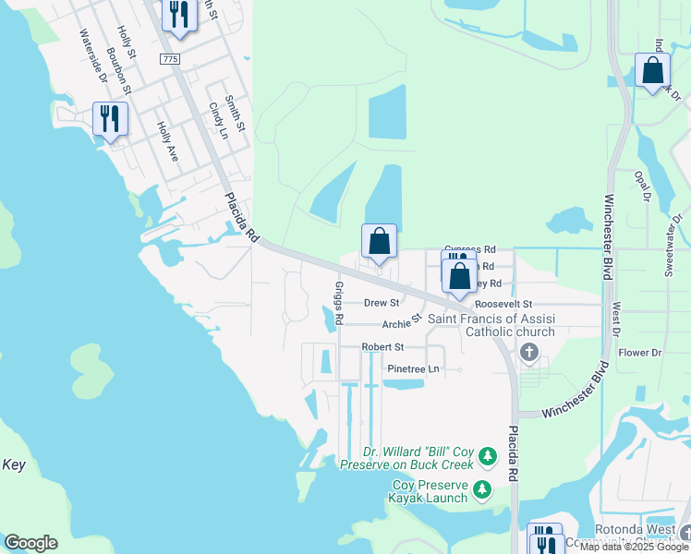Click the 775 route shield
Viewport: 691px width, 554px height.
[x=169, y=58]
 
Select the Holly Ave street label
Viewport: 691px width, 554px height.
[x=167, y=142]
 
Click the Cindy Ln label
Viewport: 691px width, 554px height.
[x=218, y=120]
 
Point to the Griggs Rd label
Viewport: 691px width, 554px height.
[x=339, y=304]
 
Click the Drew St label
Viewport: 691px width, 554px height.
[x=381, y=302]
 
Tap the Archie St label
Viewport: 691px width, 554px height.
[x=402, y=324]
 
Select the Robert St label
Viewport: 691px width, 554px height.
[x=382, y=347]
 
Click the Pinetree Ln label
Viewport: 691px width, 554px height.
[x=412, y=368]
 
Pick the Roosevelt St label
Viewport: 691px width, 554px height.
[x=503, y=303]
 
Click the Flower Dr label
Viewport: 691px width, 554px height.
[x=640, y=353]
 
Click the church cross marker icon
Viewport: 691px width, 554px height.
[x=529, y=351]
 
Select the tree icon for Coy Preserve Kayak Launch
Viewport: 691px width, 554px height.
[x=482, y=488]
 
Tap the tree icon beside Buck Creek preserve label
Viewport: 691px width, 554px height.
[x=489, y=456]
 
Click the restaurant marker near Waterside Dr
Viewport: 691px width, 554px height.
[x=110, y=118]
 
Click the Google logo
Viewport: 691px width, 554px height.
[x=30, y=543]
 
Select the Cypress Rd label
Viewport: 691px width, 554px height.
[x=469, y=249]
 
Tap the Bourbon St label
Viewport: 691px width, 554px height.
[x=119, y=70]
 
